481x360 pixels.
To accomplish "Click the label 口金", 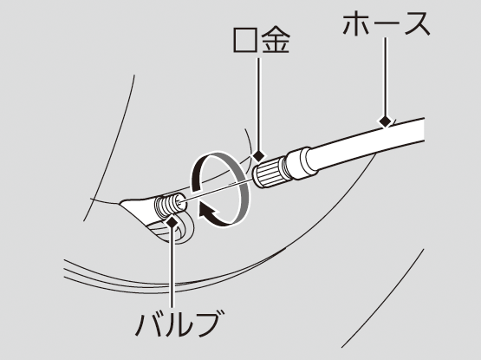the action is tap(262, 40).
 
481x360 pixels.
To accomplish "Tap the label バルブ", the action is tap(178, 324).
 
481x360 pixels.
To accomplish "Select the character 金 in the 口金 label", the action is tap(276, 40).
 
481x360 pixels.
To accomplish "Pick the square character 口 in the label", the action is tap(246, 40).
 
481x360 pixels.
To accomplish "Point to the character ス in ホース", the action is tap(415, 23).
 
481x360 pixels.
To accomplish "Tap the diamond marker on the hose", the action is tap(385, 121).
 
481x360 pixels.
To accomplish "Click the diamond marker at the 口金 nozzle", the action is tap(258, 156).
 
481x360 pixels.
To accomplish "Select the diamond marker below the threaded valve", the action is tap(172, 222).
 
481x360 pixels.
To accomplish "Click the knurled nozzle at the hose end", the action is tap(270, 172).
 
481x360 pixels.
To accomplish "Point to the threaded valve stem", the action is tap(170, 204).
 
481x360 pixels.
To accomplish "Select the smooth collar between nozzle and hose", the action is tap(301, 164).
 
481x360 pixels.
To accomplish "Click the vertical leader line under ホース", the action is tap(386, 77).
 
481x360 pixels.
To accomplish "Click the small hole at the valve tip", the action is tap(179, 200).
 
